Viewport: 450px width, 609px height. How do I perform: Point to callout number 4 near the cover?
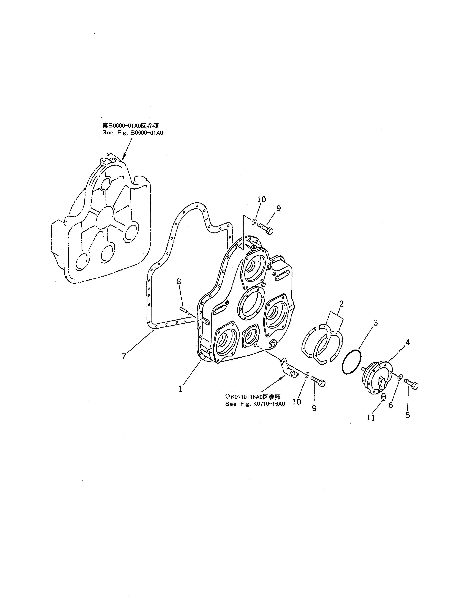click(407, 342)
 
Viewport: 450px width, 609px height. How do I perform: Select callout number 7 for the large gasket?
click(124, 356)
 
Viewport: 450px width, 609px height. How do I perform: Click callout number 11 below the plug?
click(371, 417)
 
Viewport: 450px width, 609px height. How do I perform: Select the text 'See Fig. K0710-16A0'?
click(255, 404)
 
